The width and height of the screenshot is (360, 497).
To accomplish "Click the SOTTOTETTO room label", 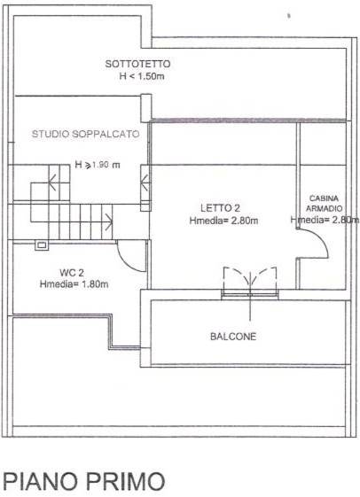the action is coord(137,64).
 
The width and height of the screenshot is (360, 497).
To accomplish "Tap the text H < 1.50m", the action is coord(142,76).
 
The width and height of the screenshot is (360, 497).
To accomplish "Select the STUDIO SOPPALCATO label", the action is coord(86,134).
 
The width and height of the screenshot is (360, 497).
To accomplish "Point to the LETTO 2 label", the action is coord(220,208).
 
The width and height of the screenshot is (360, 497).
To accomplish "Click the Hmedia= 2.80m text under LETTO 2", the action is coord(223,221).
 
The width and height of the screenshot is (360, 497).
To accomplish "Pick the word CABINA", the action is coord(324,198).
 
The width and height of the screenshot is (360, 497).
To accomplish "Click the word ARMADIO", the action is coord(325,208).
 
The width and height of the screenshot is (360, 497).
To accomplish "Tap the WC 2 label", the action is coord(72,273).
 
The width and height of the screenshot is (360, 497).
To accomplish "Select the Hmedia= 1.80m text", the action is coord(74,284).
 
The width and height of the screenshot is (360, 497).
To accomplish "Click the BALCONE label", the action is coord(233,337).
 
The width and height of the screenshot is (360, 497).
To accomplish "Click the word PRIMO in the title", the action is coord(126,481).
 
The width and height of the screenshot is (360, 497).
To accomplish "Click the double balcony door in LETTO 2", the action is coord(250,282).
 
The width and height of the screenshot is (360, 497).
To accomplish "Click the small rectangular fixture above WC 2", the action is coord(42,245).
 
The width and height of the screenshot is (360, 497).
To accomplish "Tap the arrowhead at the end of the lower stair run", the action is coord(109,221).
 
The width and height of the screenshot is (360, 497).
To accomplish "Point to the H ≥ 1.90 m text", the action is coord(98,165).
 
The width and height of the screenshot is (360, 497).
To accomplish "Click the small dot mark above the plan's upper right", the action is coord(289,15).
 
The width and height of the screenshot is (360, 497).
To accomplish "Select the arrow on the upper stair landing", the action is coord(53,182).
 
